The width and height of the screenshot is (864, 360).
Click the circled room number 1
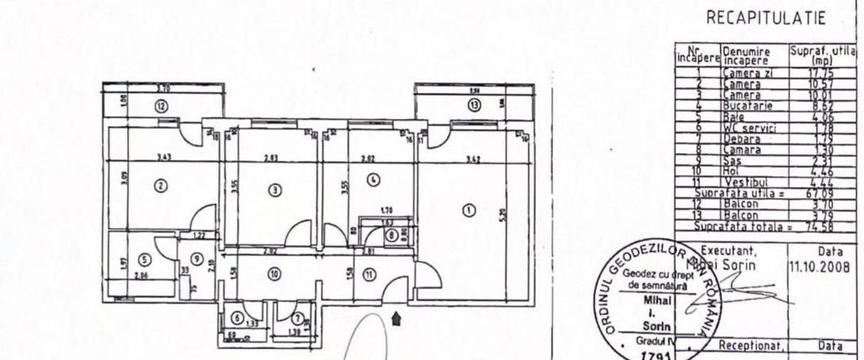click(468, 210)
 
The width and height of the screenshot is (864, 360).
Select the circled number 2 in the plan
click(160, 186)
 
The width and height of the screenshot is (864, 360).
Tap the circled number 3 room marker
click(274, 190)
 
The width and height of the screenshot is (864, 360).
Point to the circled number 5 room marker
click(143, 259)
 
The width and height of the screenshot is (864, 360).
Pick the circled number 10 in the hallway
click(273, 274)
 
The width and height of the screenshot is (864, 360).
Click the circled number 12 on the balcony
click(161, 105)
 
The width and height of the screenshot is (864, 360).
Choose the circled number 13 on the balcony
click(474, 105)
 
